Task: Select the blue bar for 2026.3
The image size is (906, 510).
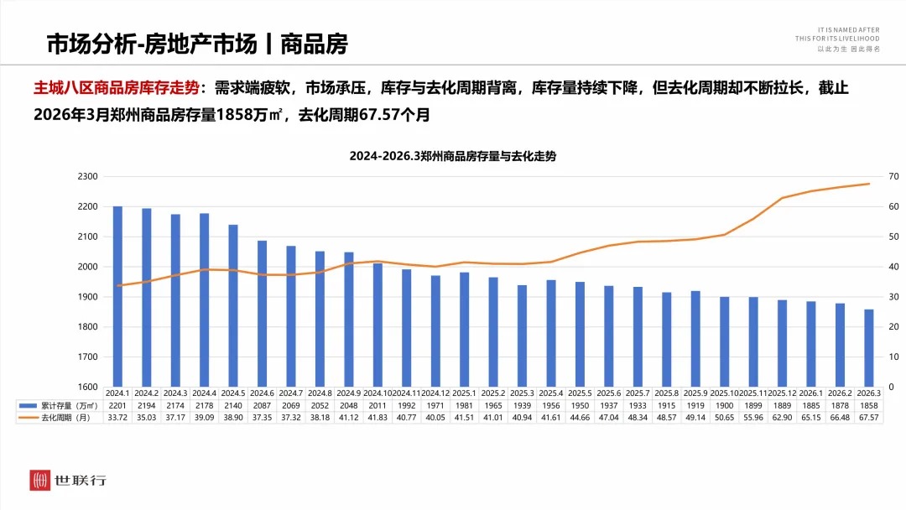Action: coord(868,347)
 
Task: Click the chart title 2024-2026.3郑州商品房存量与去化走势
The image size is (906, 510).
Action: coord(453,156)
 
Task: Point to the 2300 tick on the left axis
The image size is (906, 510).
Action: coord(87,177)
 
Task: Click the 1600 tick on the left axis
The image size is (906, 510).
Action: coord(87,387)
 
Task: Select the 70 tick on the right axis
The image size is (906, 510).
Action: coord(894,177)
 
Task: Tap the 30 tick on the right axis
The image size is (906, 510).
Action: coord(894,297)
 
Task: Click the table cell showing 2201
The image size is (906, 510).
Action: coord(117,404)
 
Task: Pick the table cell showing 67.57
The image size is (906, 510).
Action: coord(868,417)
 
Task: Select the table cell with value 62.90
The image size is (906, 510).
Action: coord(782,417)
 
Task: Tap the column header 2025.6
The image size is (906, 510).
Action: coord(608,393)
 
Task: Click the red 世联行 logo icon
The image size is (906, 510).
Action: coord(40,481)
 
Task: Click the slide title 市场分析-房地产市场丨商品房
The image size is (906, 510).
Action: coord(196,44)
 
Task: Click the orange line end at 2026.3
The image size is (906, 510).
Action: coord(868,184)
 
